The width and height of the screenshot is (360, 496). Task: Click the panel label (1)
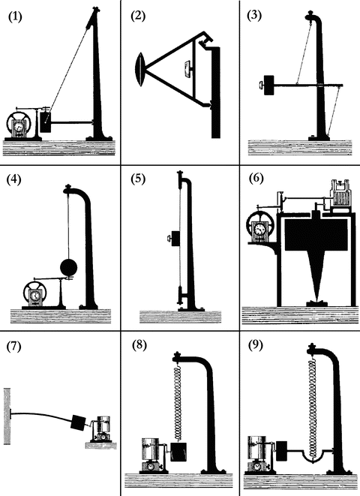point(15,17)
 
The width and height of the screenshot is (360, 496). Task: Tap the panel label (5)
point(138,179)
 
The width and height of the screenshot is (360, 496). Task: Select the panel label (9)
point(256,345)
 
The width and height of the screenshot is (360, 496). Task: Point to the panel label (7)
point(14,346)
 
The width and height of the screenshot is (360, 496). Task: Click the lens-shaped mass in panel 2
point(140,70)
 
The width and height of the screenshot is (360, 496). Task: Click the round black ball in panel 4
point(68,268)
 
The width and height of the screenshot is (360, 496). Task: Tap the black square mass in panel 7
point(78,422)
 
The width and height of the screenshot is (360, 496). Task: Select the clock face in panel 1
point(18,127)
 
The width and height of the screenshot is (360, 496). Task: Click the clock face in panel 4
point(34,296)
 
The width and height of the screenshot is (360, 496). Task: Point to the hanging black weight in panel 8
point(178,452)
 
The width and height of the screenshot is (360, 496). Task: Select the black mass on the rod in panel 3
point(269,85)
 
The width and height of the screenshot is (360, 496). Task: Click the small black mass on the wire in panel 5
point(175,238)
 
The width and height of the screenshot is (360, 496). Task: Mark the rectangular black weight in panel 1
point(46,122)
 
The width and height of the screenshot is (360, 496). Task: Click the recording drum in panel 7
point(103,424)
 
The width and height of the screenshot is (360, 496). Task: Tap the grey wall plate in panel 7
point(7,416)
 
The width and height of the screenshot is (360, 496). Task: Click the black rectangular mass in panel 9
point(281,450)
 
